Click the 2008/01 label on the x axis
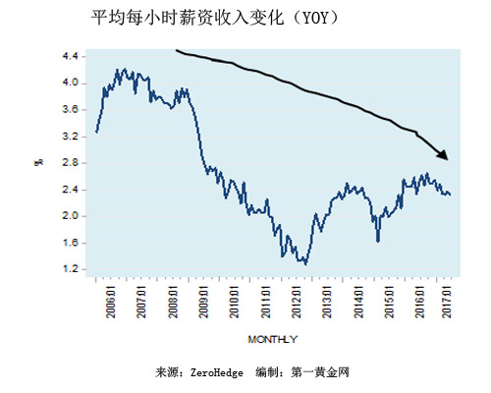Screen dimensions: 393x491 coord(175,300)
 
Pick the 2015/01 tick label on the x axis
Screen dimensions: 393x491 coord(389,300)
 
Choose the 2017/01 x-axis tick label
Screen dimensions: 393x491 coord(450,300)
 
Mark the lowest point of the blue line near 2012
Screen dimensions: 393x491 coord(305,263)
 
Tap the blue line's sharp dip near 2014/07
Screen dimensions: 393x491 coord(378,240)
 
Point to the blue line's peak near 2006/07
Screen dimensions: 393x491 coord(120,70)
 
